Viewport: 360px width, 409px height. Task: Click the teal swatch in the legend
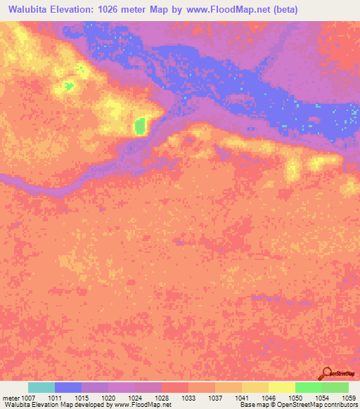tap(41, 387)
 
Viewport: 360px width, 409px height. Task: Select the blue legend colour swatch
tap(68, 387)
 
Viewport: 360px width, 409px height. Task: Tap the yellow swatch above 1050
tap(281, 387)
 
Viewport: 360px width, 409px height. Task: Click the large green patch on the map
tap(140, 126)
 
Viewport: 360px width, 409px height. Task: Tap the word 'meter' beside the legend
tap(12, 397)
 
